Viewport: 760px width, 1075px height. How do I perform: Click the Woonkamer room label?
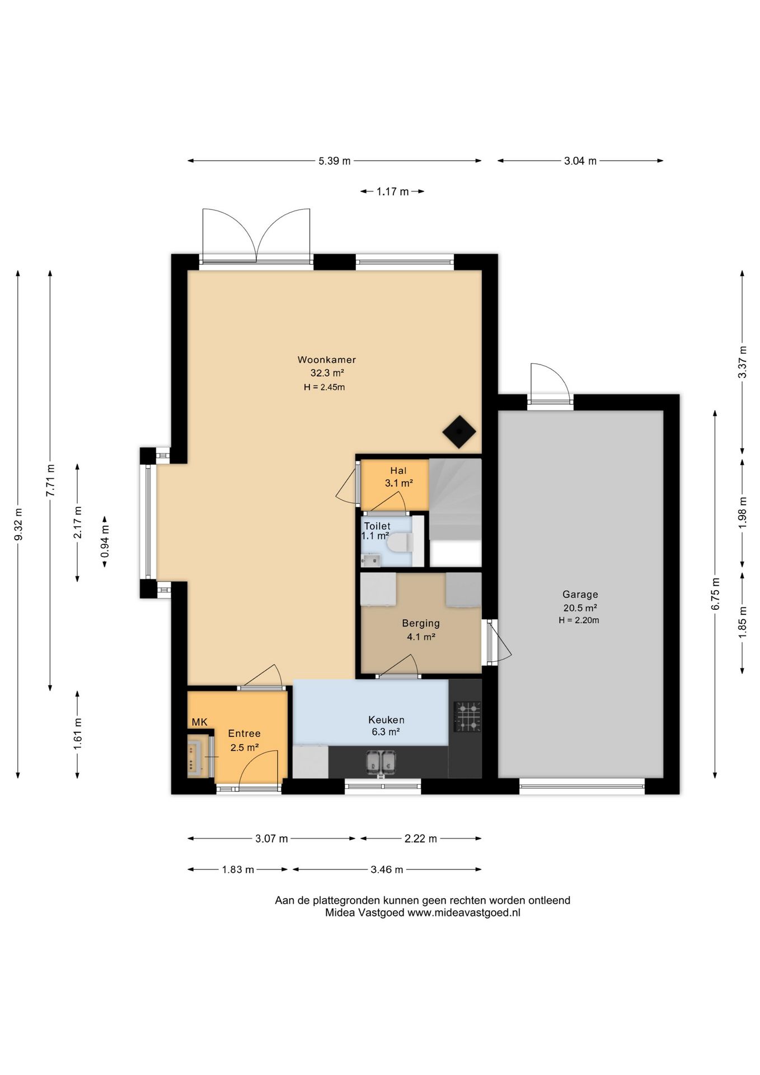(x=326, y=360)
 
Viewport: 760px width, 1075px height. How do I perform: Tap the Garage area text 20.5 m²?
(x=580, y=608)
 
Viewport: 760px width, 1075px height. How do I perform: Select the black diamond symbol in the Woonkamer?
(x=459, y=432)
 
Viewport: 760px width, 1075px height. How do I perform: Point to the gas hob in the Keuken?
(x=467, y=717)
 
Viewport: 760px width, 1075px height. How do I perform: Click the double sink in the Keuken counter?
(x=381, y=762)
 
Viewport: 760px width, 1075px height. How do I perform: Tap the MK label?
(x=199, y=722)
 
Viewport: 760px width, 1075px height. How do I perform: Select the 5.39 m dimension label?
(x=334, y=161)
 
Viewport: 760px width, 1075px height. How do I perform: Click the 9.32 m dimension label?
(x=18, y=524)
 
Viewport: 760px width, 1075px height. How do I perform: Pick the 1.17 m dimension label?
(x=392, y=191)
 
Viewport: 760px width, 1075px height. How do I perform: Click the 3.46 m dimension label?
(x=387, y=870)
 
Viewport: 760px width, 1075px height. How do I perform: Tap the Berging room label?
(x=421, y=623)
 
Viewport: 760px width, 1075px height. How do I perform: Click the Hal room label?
(x=398, y=471)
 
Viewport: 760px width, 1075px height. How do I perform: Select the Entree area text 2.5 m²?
(x=245, y=747)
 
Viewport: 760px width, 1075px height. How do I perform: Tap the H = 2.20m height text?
(x=579, y=620)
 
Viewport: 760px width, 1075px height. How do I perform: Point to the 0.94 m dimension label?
(x=105, y=542)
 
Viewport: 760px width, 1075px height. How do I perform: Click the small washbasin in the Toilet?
(x=370, y=560)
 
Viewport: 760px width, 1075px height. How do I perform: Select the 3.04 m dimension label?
(x=580, y=161)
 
